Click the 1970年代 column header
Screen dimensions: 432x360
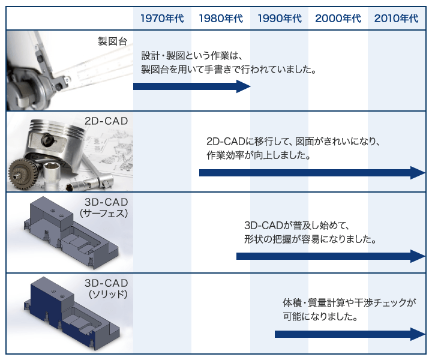click(162, 19)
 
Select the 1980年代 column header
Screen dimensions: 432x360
click(221, 19)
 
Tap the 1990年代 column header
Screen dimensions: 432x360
click(280, 19)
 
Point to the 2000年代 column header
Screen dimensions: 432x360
click(338, 19)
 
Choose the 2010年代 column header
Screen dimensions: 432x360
click(396, 19)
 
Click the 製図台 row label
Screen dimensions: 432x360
click(112, 41)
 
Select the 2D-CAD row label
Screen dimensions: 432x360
click(106, 121)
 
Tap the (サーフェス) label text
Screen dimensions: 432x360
click(104, 214)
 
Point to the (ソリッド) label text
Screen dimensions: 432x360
click(108, 295)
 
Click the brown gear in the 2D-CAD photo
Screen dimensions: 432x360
click(24, 174)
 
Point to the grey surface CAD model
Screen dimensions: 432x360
click(71, 232)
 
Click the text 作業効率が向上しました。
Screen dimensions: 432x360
click(259, 155)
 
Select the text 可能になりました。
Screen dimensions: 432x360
click(320, 316)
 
